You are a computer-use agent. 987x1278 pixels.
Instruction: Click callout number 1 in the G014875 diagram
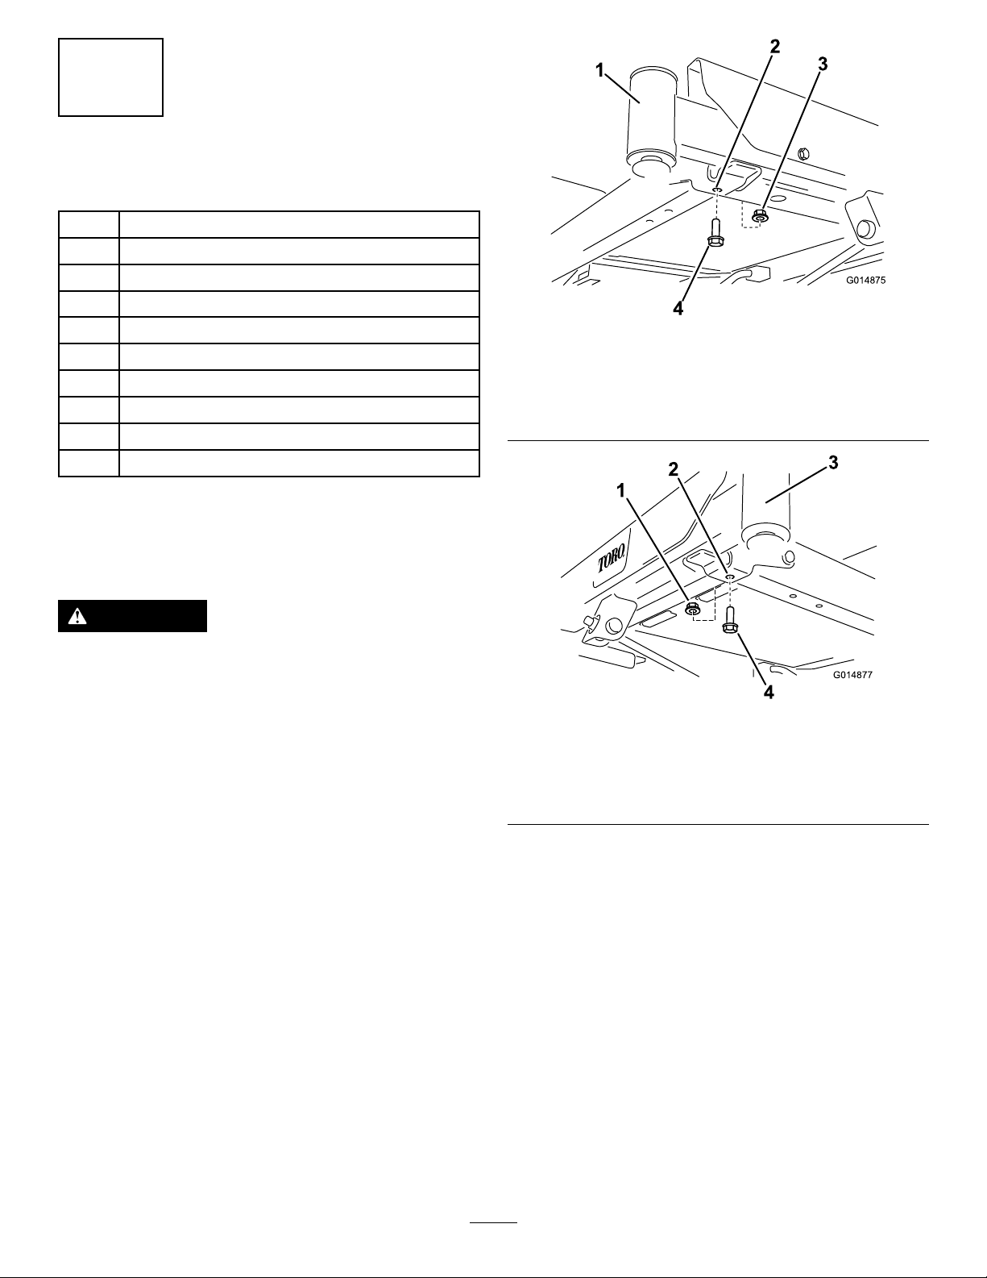pos(599,71)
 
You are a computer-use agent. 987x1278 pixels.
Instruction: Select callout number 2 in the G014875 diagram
pos(775,47)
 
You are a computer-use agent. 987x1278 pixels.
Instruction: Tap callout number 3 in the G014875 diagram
pos(823,65)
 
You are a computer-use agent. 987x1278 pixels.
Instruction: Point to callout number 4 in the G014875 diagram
pos(678,308)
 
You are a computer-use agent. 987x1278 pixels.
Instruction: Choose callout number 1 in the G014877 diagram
pos(621,490)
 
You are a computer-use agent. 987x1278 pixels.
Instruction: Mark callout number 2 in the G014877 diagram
pos(674,468)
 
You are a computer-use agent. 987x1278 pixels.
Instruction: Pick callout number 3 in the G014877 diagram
pos(833,463)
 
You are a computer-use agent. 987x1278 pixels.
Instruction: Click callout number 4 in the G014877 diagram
pos(769,693)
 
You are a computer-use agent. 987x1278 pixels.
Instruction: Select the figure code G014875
pos(865,281)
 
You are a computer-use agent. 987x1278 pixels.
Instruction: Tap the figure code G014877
pos(852,675)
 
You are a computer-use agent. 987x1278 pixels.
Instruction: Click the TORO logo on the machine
pos(612,556)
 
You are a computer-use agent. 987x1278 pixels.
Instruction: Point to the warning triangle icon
pos(77,616)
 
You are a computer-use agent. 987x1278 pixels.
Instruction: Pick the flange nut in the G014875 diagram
pos(759,216)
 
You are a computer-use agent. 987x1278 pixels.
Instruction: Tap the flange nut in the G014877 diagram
pos(694,609)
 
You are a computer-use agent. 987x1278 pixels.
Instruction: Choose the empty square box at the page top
pos(110,77)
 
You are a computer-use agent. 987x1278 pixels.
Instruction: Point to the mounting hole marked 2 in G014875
pos(718,190)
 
